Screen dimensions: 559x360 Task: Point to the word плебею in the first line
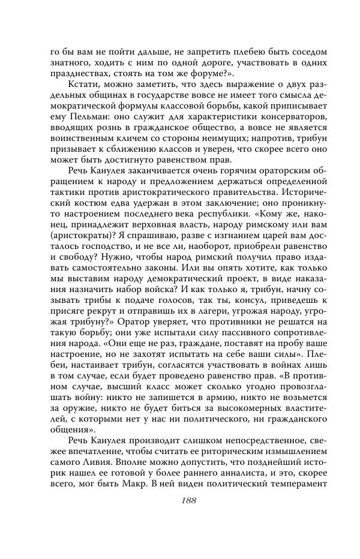(231, 52)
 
